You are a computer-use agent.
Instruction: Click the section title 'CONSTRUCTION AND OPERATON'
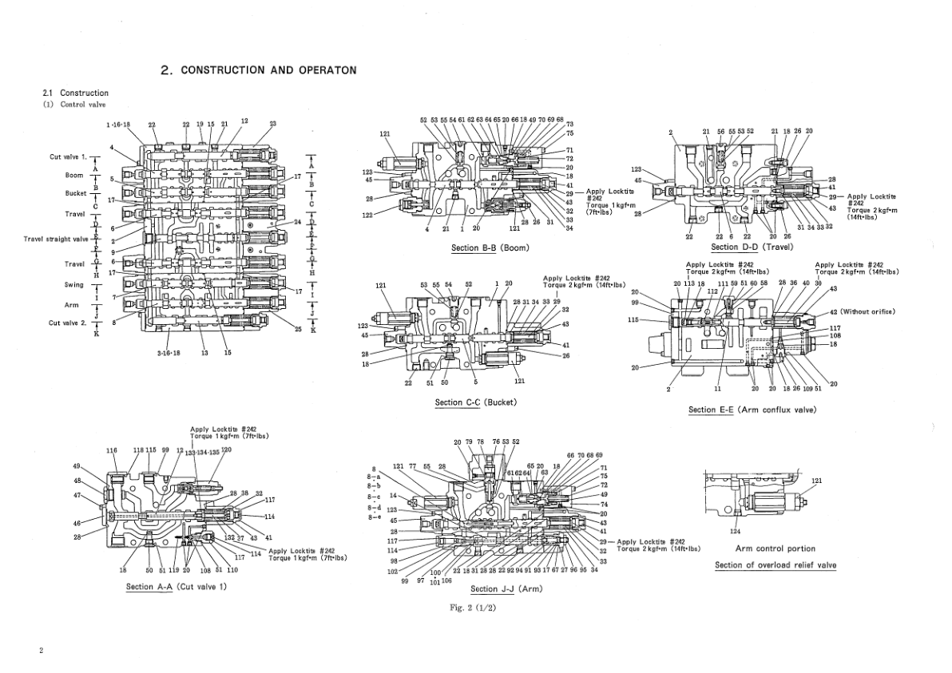click(x=268, y=70)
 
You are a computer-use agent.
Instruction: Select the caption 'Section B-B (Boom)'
click(x=490, y=247)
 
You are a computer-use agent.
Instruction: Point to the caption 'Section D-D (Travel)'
click(x=751, y=247)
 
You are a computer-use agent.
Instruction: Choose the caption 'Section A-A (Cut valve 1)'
click(x=177, y=587)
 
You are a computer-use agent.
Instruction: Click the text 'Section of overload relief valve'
click(x=775, y=565)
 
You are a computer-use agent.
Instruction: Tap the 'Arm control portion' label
click(x=775, y=548)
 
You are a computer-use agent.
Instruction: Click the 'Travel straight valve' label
click(x=56, y=239)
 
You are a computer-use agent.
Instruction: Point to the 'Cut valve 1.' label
click(x=68, y=156)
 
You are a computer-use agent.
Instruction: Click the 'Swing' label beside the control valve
click(x=74, y=284)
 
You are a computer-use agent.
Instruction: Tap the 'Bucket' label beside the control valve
click(x=76, y=193)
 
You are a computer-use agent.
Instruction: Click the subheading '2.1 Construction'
click(x=75, y=93)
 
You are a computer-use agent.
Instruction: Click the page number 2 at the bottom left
click(x=42, y=651)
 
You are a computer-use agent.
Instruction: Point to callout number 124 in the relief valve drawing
click(x=736, y=530)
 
